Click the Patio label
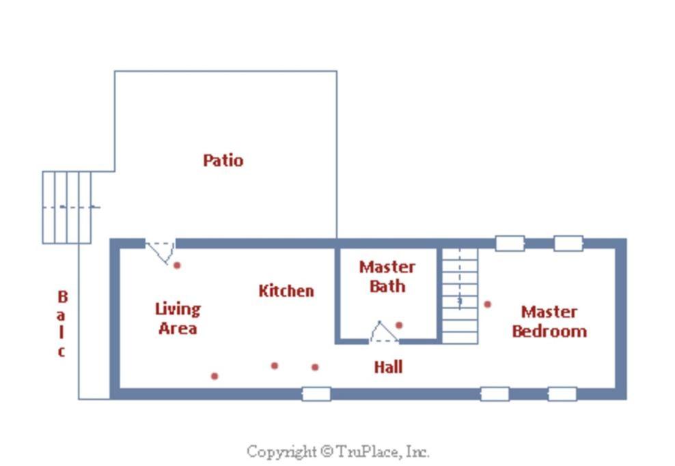point(223,160)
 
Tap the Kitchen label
point(286,291)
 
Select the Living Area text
point(178,319)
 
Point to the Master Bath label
point(387,276)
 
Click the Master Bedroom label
point(549,321)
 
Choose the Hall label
point(388,367)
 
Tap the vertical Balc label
point(62,323)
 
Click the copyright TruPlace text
point(338,452)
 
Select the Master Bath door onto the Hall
point(383,332)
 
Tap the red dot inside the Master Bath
point(399,325)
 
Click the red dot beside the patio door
point(177,265)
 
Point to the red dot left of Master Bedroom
point(487,304)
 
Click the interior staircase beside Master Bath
point(460,295)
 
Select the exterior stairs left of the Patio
point(67,207)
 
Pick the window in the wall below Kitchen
point(316,394)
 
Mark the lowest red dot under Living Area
point(215,376)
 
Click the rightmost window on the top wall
point(568,244)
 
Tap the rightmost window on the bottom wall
point(562,394)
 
